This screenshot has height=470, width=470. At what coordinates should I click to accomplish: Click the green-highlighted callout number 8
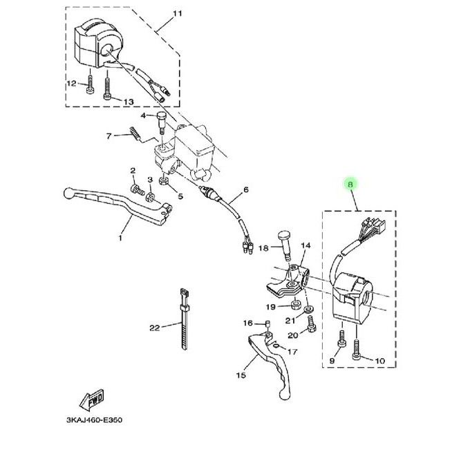pyautogui.click(x=350, y=184)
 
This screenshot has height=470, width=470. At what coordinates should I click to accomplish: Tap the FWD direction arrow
pyautogui.click(x=93, y=400)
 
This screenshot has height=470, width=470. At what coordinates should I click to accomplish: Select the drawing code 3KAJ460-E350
pyautogui.click(x=94, y=420)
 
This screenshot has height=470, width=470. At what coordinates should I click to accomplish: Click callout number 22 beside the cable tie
pyautogui.click(x=155, y=328)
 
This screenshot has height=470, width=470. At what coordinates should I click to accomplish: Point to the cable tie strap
pyautogui.click(x=184, y=319)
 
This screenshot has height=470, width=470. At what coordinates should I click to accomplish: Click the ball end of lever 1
pyautogui.click(x=68, y=193)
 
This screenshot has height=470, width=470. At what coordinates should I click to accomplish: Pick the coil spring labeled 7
pyautogui.click(x=135, y=133)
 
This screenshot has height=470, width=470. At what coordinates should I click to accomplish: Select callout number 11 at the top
pyautogui.click(x=178, y=14)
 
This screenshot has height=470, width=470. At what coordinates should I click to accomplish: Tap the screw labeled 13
pyautogui.click(x=107, y=88)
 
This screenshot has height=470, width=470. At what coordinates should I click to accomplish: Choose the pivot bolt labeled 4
pyautogui.click(x=161, y=123)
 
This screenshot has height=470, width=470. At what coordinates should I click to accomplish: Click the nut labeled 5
pyautogui.click(x=163, y=181)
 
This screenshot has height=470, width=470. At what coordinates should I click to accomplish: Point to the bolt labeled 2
pyautogui.click(x=138, y=189)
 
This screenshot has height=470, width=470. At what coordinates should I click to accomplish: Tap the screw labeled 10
pyautogui.click(x=356, y=349)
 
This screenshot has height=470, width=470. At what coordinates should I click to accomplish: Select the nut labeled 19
pyautogui.click(x=296, y=305)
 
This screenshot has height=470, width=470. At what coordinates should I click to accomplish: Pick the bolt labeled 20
pyautogui.click(x=312, y=325)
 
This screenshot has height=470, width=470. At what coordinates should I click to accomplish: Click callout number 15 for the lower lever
pyautogui.click(x=241, y=375)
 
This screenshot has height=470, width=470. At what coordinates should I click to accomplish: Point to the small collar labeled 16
pyautogui.click(x=267, y=323)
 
